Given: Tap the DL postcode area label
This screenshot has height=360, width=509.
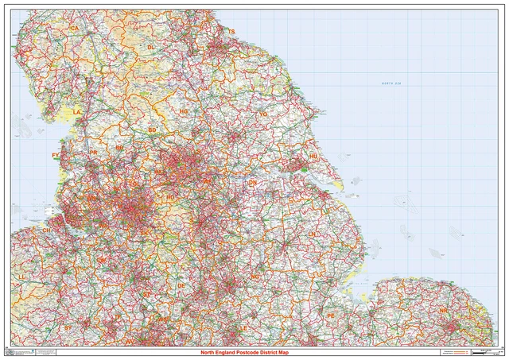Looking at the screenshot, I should tap(151, 47).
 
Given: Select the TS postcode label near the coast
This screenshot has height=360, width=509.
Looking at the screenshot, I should tap(232, 32).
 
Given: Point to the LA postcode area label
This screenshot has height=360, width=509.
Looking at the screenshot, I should tap(77, 113).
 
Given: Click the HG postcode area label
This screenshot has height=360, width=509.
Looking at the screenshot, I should tap(184, 113).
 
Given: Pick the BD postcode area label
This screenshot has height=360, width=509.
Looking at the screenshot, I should tap(152, 130).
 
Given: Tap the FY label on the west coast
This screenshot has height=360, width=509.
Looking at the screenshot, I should tap(55, 155).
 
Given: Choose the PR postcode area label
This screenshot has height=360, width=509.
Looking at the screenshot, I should tap(93, 152).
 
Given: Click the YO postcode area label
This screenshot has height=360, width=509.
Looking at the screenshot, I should tap(263, 114).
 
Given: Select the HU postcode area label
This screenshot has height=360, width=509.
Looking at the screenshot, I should tap(313, 157).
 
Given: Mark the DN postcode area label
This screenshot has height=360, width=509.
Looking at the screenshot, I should tap(253, 183).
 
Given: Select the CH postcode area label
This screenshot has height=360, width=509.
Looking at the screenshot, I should tap(46, 230).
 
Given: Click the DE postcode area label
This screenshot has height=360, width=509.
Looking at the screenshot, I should tap(181, 285).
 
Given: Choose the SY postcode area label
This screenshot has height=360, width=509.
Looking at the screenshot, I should tap(68, 327).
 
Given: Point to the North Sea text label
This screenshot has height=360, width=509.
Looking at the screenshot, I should tap(392, 83).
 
